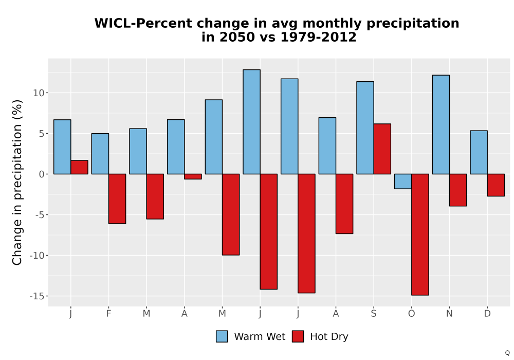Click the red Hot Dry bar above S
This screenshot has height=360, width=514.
[382, 149]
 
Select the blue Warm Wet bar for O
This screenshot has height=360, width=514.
[403, 182]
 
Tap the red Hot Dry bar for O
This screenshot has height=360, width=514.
[420, 235]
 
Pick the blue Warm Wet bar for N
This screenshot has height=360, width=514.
[441, 124]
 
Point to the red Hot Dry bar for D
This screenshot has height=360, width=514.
[496, 185]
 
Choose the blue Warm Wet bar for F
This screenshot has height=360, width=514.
[100, 154]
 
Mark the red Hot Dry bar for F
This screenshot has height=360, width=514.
[117, 199]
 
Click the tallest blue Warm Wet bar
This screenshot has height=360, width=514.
[251, 122]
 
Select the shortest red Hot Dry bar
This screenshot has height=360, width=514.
[193, 176]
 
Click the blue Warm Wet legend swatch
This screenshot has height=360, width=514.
[222, 336]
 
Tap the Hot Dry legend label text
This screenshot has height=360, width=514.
[329, 337]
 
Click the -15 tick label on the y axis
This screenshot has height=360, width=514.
[36, 296]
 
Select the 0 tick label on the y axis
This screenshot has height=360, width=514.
[42, 174]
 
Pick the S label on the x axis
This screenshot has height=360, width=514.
[374, 314]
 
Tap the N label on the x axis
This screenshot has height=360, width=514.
[449, 314]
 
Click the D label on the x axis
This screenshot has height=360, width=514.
[487, 314]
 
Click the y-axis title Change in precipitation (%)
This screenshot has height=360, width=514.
[17, 182]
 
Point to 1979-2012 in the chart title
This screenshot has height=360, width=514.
[318, 37]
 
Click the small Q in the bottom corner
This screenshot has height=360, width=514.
[507, 353]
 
